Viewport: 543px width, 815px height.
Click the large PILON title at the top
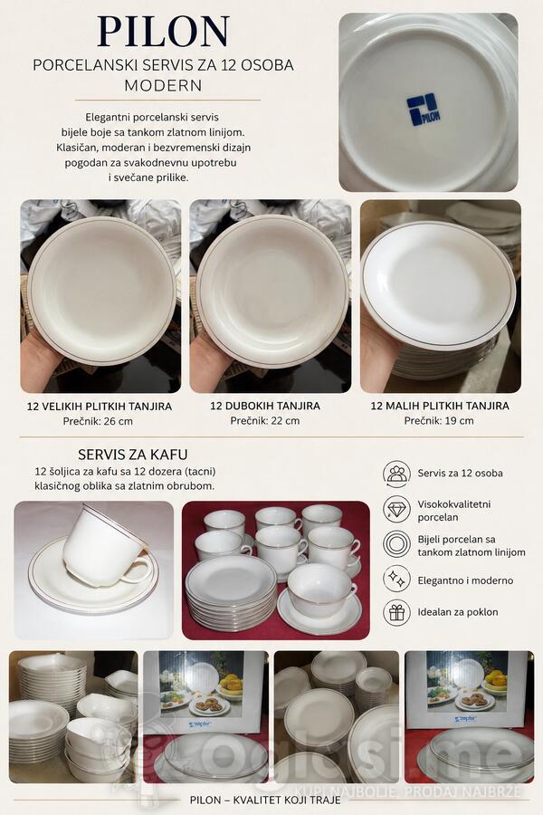[163, 32]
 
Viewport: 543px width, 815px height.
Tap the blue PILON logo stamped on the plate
[424, 110]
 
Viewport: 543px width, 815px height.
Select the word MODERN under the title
[163, 85]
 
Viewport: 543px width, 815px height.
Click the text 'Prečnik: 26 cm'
[98, 421]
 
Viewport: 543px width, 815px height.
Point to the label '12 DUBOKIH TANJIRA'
[265, 406]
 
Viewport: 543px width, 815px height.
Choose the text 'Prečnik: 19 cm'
[439, 420]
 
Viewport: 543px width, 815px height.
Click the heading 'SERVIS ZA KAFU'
[132, 455]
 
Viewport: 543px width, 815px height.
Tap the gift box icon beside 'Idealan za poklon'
[396, 613]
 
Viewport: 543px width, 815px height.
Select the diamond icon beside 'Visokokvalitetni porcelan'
[396, 509]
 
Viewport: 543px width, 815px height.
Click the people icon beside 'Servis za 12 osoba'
[396, 474]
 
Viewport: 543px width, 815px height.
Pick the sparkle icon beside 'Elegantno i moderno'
[396, 579]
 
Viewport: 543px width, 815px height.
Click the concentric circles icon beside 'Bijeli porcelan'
[396, 544]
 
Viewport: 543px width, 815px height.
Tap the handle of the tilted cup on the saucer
[138, 570]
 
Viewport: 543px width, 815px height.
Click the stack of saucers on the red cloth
[232, 592]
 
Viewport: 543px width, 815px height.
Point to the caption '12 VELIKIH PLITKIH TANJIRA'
[100, 406]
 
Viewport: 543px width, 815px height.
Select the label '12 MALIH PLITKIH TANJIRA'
[440, 406]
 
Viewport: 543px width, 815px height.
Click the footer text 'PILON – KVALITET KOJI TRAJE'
[265, 800]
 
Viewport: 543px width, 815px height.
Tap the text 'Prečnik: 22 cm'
[265, 420]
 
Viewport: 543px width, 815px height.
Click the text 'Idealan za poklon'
[458, 612]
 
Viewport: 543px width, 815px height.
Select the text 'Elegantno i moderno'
[465, 580]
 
